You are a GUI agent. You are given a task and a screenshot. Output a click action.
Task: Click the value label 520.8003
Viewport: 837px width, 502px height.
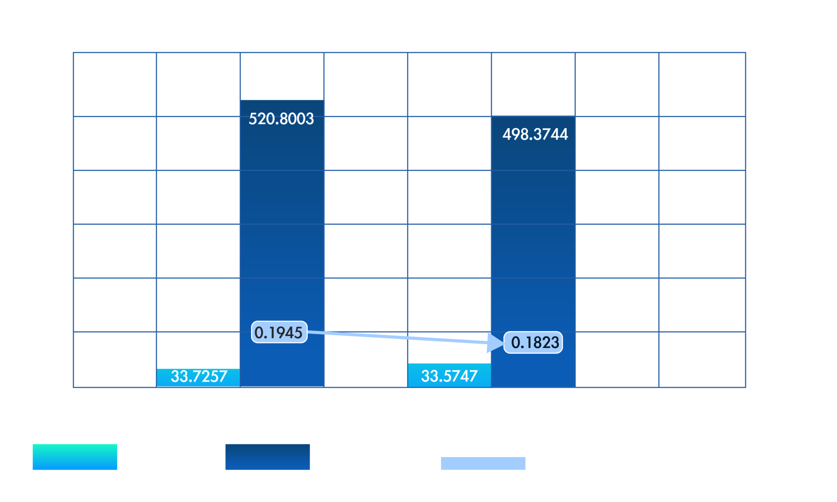[281, 119]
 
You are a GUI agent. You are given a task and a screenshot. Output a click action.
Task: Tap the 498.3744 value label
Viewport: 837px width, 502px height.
[535, 134]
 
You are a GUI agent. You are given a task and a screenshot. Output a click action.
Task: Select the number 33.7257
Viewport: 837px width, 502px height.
[199, 376]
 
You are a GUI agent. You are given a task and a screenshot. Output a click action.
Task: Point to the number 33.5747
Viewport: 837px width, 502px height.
[449, 376]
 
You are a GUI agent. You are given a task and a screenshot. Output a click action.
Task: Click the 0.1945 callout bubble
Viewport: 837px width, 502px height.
[279, 332]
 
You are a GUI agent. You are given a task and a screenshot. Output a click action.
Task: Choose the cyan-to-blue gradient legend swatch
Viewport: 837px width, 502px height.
[75, 457]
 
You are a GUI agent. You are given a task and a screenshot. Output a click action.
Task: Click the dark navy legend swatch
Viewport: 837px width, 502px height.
[268, 457]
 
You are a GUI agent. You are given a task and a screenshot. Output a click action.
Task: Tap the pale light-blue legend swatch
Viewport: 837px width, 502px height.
[483, 463]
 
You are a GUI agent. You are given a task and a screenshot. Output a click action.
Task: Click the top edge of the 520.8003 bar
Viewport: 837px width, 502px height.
[282, 100]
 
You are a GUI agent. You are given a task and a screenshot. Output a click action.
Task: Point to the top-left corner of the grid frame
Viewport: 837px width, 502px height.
[74, 53]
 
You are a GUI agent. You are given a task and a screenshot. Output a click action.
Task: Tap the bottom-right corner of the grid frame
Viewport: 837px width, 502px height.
[745, 387]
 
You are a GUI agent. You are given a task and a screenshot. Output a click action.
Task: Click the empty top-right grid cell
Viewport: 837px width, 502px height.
[702, 85]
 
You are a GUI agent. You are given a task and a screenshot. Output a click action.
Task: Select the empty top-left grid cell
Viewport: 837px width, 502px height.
[115, 85]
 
